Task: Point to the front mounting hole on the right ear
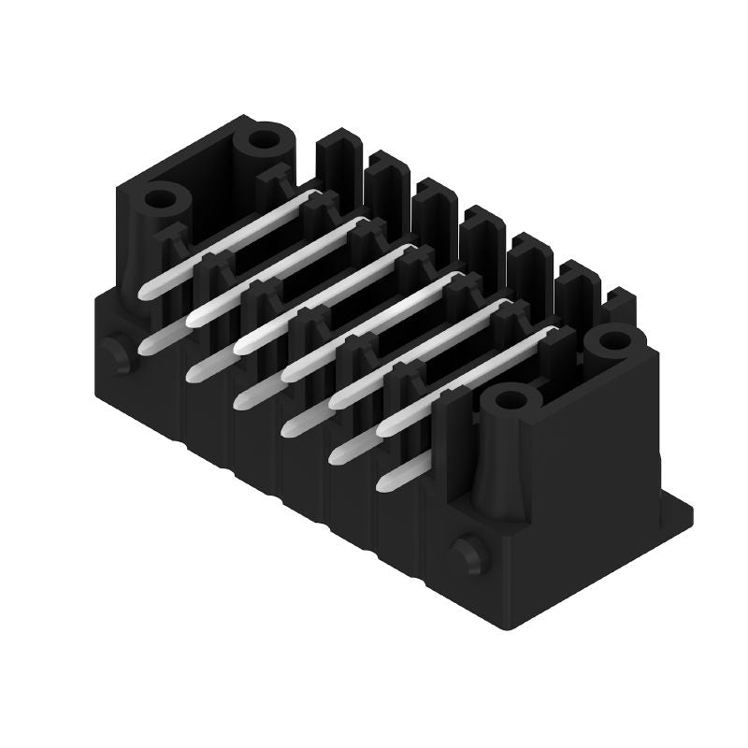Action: click(510, 400)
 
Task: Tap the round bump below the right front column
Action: click(467, 555)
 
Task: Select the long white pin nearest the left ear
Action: click(224, 243)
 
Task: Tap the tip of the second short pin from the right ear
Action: click(340, 455)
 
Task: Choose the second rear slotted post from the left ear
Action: click(385, 187)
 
